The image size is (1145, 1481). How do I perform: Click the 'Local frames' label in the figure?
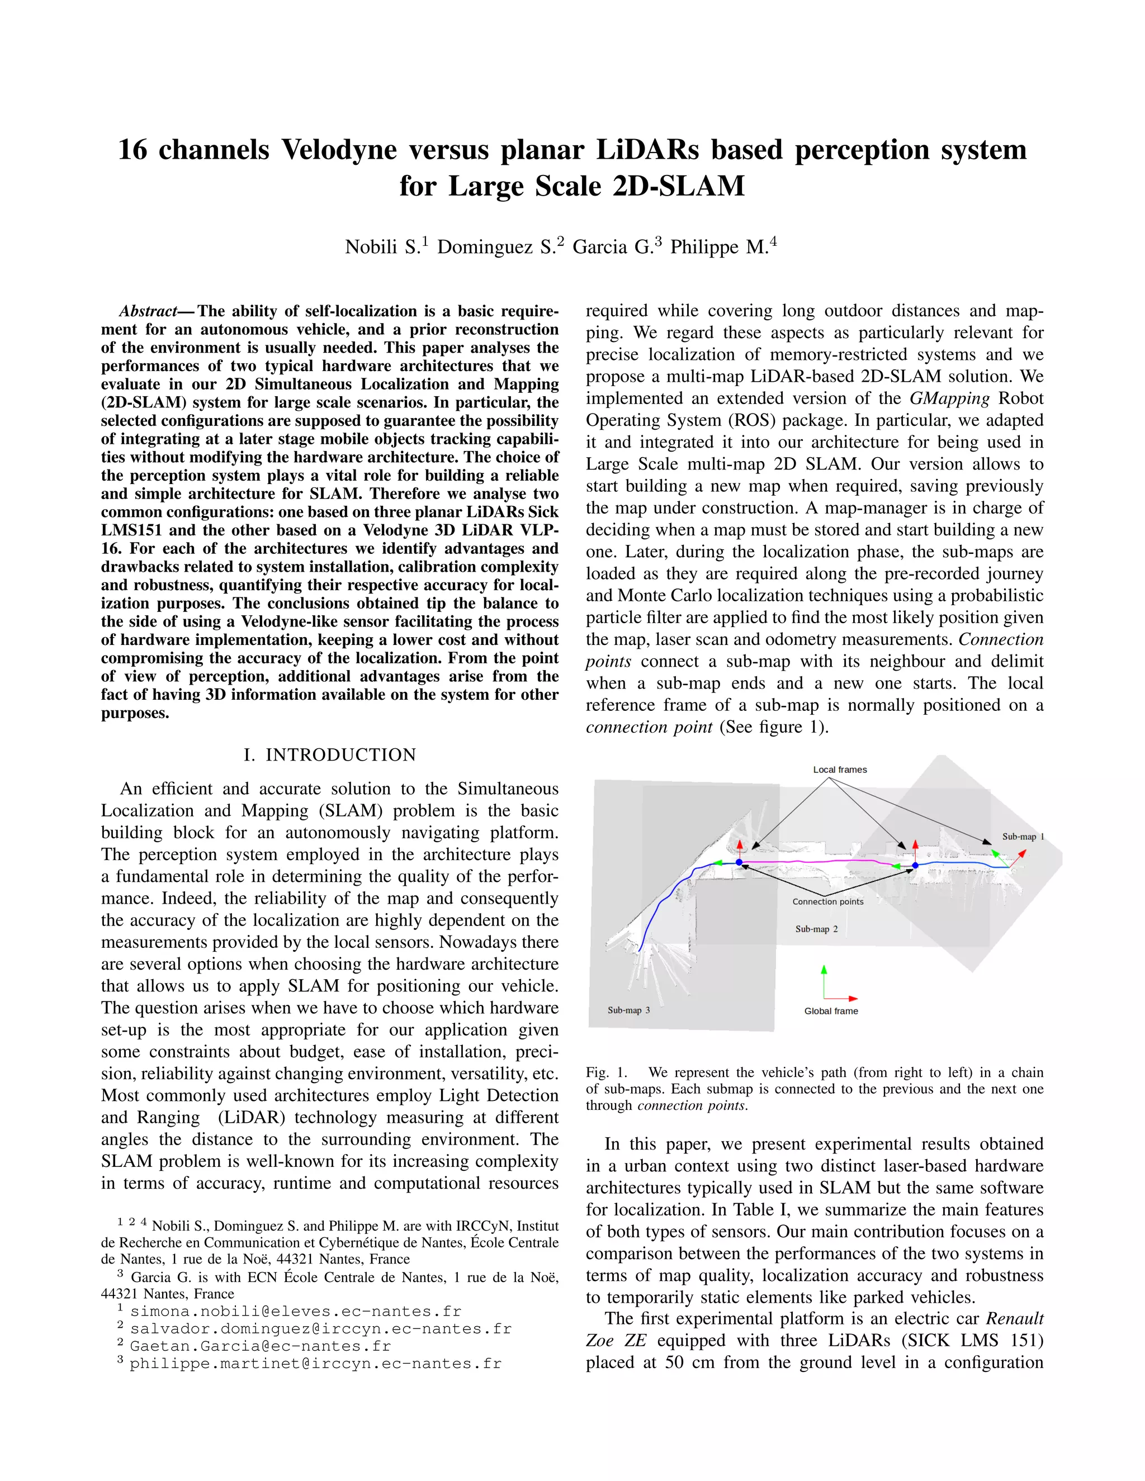(x=840, y=770)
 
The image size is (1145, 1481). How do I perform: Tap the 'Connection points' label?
(x=827, y=902)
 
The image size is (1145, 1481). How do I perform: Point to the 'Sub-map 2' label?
(x=816, y=929)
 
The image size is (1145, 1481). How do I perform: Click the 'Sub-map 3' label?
(x=628, y=1010)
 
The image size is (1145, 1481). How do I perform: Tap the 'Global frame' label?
(x=831, y=1011)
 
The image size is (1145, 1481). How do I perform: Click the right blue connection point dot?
(x=915, y=866)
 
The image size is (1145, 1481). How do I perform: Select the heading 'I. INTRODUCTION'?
(x=330, y=754)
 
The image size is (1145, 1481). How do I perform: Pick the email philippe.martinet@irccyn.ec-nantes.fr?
(x=315, y=1364)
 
